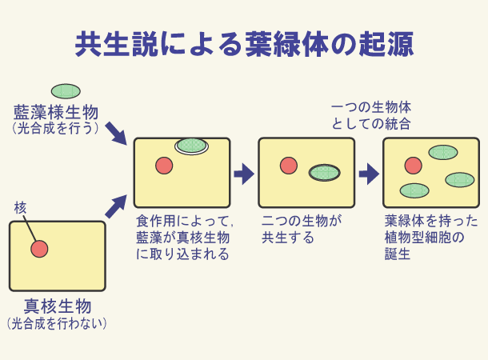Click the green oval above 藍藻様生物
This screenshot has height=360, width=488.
pos(66,91)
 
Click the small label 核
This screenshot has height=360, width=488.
pos(20,207)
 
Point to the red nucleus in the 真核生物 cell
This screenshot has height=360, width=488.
pos(39,249)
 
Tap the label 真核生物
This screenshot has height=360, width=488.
pos(57,306)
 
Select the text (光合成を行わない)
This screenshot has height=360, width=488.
pos(57,324)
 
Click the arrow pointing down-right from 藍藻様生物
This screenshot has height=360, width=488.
pos(116,132)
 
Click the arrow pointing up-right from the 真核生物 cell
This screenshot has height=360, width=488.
pos(116,205)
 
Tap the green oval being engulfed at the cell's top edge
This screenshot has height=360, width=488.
pos(191,145)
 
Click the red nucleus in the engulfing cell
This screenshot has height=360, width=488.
pos(164,166)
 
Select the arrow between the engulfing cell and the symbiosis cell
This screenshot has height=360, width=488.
pos(243,173)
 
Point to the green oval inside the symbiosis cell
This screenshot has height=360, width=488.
pos(324,172)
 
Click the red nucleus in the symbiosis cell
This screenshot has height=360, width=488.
pos(289,166)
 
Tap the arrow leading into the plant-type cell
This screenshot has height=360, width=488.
pos(368,173)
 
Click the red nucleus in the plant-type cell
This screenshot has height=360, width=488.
pos(413,166)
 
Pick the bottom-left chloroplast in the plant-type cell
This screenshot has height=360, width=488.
pos(414,190)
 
